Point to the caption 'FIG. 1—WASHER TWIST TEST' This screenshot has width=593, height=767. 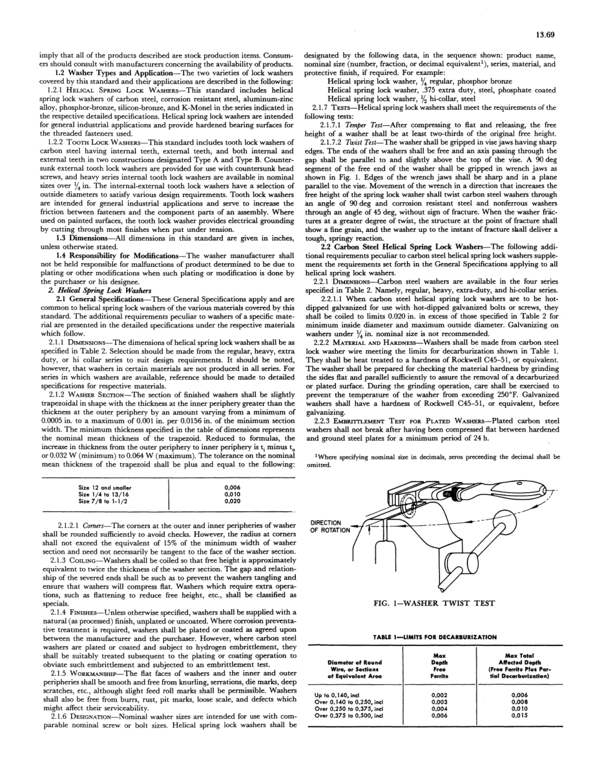434,603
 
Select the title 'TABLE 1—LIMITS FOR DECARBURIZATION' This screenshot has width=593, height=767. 434,637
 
